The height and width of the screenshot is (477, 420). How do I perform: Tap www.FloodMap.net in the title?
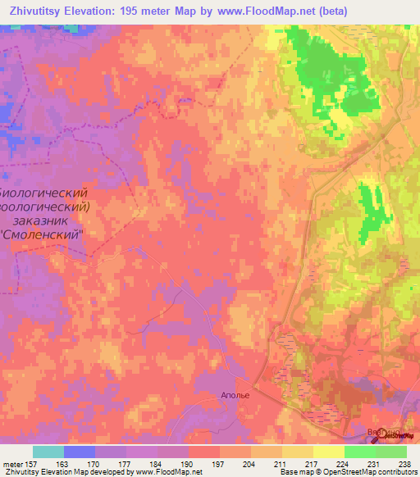pos(255,11)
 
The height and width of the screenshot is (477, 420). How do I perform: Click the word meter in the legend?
pos(15,463)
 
